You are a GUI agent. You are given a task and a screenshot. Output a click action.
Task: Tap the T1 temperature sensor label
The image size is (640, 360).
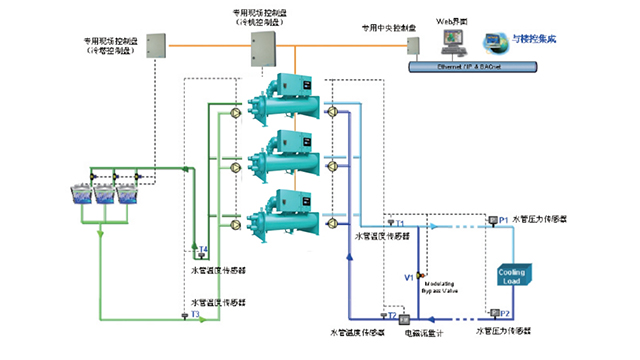coord(399,222)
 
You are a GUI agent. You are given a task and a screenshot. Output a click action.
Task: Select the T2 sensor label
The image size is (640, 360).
coord(391,314)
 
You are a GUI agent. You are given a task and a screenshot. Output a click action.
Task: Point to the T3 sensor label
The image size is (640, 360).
coord(195,315)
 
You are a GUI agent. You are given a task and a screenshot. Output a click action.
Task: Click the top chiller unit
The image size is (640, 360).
coord(282,102)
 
